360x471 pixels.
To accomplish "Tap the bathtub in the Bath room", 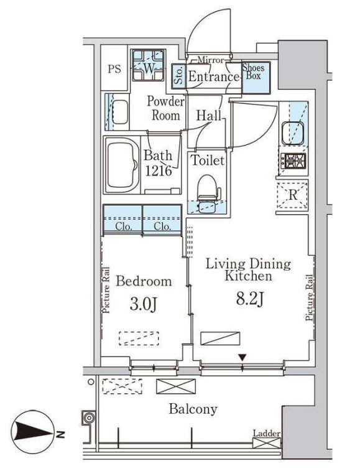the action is point(122,165).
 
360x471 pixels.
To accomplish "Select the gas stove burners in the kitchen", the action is point(293,161).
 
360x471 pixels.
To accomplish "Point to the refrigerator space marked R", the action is point(292,195).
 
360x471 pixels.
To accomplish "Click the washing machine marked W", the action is point(148,65).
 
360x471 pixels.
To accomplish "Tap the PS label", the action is point(114,70).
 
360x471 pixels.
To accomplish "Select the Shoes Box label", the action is point(254,72).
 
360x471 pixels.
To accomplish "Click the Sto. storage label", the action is point(178,76).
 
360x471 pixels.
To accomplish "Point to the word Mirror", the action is point(211,60).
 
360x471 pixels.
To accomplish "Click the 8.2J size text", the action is point(250,299).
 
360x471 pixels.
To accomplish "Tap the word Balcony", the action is point(193,409).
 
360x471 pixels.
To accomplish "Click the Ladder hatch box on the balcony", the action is point(267,443).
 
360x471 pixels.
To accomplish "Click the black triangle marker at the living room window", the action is point(242,358).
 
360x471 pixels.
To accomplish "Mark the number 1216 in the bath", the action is point(159,171).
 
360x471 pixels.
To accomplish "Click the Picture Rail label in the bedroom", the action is point(106,290).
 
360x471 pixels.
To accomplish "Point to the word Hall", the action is point(208,115).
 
